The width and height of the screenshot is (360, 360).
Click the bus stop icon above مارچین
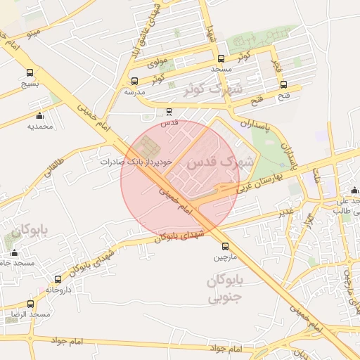point(225,246)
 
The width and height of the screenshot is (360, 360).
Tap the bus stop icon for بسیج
point(30,72)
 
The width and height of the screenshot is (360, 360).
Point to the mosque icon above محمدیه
point(39,116)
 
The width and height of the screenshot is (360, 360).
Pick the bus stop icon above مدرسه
point(134,81)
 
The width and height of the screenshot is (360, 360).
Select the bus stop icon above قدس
point(169,111)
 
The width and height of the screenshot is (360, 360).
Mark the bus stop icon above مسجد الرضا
point(30,304)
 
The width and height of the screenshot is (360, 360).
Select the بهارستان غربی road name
point(259,183)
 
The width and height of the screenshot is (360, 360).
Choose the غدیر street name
point(285,211)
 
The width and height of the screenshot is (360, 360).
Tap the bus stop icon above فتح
point(283,84)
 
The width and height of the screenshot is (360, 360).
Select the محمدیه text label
point(41,127)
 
